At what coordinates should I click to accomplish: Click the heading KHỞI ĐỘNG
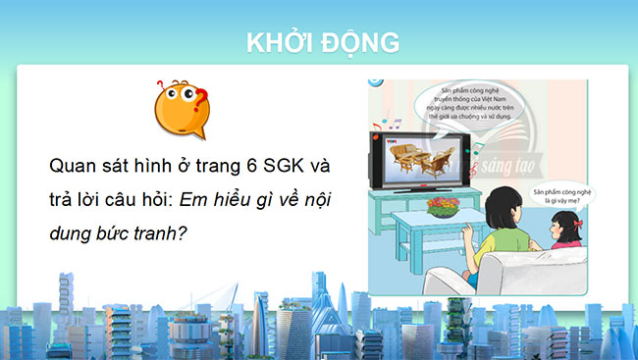[x=320, y=42]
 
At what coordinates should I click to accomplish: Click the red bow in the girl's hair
[x=566, y=205]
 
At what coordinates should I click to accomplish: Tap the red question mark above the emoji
[x=200, y=98]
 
